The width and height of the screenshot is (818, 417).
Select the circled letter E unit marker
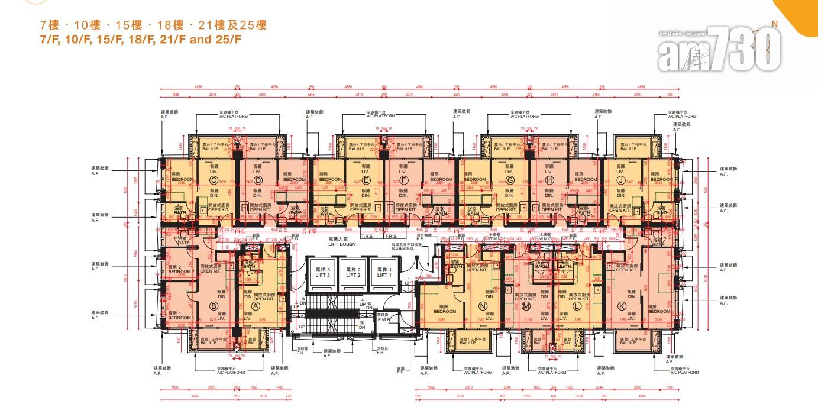[x=366, y=180]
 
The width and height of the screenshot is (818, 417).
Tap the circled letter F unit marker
[x=404, y=180]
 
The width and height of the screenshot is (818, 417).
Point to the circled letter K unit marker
[x=621, y=305]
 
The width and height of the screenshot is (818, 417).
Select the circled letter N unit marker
[x=483, y=305]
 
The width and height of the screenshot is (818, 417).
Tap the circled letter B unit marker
[x=214, y=306]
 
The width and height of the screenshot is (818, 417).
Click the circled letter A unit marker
[x=256, y=306]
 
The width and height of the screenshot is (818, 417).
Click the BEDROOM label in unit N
[x=444, y=311]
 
